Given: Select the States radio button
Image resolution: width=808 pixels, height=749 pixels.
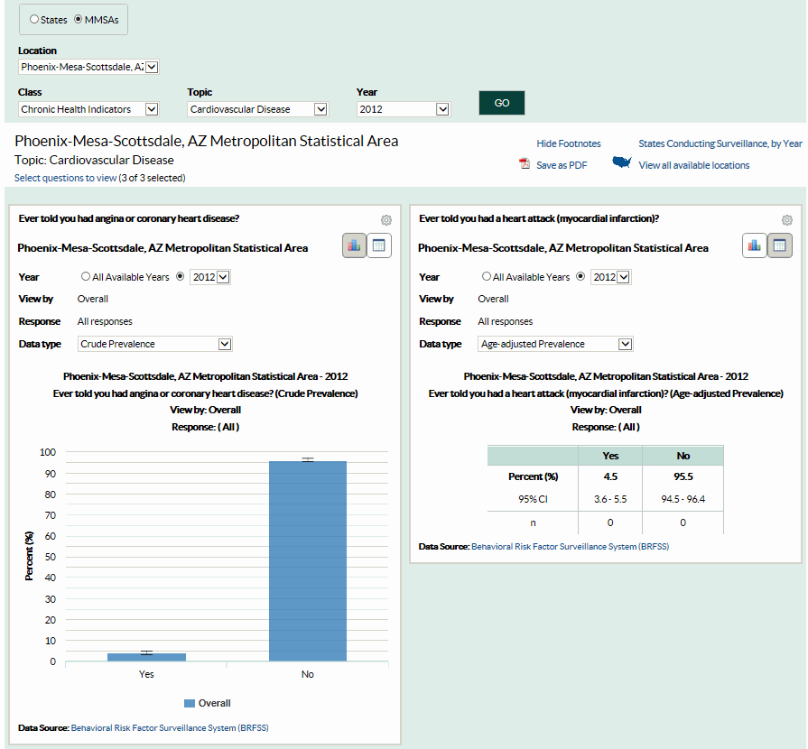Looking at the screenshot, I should point(35,19).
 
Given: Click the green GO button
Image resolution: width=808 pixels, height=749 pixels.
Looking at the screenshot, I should point(501,103).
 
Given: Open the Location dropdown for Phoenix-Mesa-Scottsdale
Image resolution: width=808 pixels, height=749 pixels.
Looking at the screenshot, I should point(88,67).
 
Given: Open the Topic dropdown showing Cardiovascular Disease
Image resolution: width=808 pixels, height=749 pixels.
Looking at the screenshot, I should point(257,109).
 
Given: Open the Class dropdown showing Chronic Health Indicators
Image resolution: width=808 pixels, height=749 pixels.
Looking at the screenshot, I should point(88,109).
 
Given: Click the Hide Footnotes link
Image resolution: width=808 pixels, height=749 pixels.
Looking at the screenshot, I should point(568,143).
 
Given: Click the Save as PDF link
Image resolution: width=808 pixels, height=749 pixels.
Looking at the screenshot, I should point(561,165).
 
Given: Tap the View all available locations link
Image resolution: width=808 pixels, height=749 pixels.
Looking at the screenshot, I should point(693,165).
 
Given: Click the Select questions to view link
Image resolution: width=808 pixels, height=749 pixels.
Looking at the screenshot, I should point(65,178).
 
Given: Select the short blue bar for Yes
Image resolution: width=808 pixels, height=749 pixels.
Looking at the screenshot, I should point(146,656).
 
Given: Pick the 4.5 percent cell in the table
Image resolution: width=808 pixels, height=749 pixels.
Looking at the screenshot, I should point(610,476).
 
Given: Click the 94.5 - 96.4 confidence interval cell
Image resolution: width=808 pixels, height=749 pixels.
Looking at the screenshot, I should point(683,499).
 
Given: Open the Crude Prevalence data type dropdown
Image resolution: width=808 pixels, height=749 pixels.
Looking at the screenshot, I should point(155,344).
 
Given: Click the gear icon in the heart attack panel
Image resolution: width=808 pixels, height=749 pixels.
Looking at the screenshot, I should point(786,220).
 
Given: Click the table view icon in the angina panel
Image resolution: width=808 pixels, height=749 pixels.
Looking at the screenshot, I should point(378,245).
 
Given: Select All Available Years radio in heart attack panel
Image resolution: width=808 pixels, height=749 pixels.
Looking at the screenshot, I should point(488,277).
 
